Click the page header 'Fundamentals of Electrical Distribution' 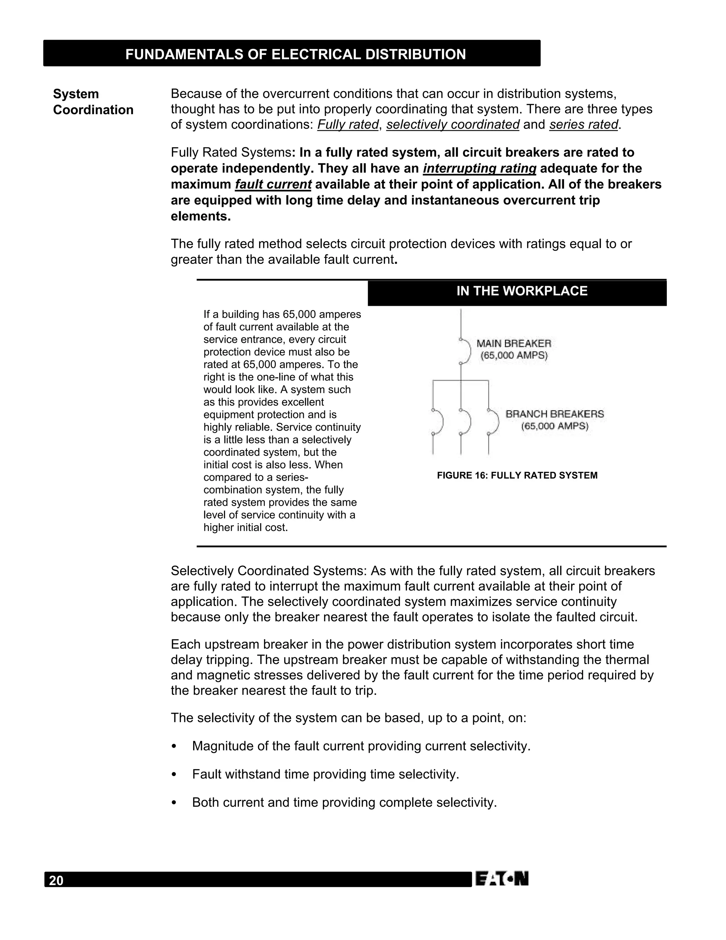pyautogui.click(x=296, y=54)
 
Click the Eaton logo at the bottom pyautogui.click(x=502, y=878)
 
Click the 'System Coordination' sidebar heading pyautogui.click(x=93, y=102)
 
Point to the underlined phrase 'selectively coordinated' pyautogui.click(x=452, y=125)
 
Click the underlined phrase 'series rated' pyautogui.click(x=583, y=125)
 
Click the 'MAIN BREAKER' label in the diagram pyautogui.click(x=514, y=344)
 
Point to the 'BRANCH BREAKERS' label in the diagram pyautogui.click(x=554, y=414)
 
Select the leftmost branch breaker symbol pyautogui.click(x=436, y=422)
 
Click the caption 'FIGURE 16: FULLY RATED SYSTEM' pyautogui.click(x=517, y=476)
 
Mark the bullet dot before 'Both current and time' pyautogui.click(x=174, y=803)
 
